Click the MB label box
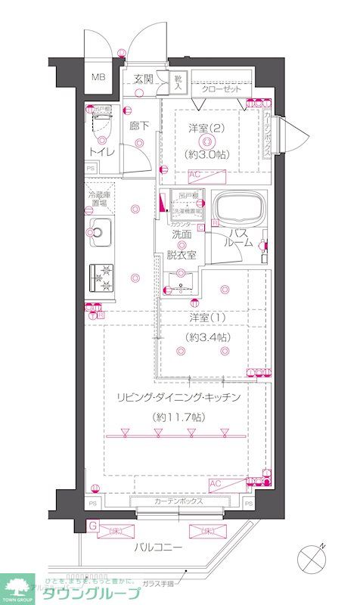(99, 77)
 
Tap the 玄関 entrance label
(144, 78)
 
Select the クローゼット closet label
(222, 89)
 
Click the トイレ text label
(104, 152)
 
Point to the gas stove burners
(101, 278)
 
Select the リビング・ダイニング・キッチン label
(178, 398)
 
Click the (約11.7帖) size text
(178, 417)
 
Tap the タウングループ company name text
(91, 593)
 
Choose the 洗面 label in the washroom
(181, 235)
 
